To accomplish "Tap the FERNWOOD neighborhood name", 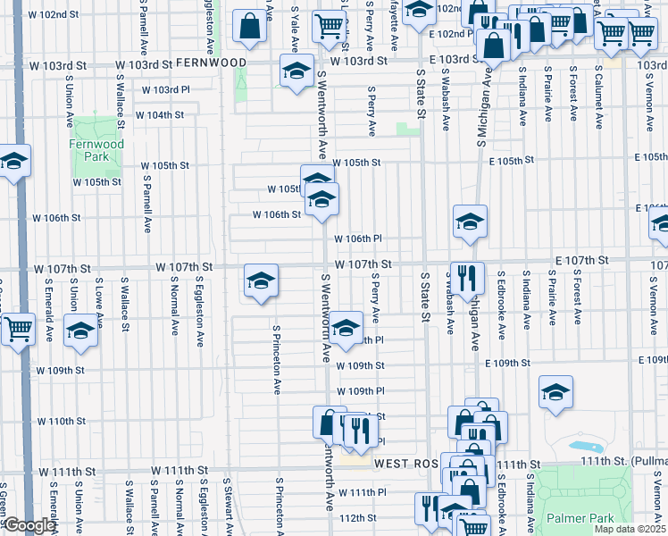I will point(211,63).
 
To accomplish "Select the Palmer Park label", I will point(588,518).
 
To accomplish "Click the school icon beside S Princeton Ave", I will point(260,282).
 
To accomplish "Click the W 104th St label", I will point(159,115).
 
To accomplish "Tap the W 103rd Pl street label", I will point(165,90).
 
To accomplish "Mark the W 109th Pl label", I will point(360,391).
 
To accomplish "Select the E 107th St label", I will point(580,259).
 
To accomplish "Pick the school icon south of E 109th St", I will point(555,392).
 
